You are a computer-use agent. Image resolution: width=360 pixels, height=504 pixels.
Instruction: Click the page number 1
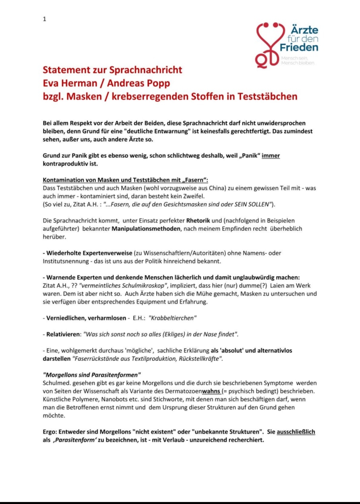(x=45, y=19)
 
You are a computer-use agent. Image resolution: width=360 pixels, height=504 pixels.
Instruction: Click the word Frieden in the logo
(x=299, y=47)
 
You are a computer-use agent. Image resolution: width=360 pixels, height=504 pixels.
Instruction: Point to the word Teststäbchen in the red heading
(x=267, y=97)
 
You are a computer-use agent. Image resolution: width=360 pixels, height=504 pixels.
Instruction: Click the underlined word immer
(x=271, y=156)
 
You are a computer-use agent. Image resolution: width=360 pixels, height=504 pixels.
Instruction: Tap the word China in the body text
(x=217, y=188)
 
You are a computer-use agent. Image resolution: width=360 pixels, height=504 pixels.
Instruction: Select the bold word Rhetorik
(x=198, y=221)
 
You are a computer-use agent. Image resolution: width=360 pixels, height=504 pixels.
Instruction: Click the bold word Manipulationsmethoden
(x=146, y=229)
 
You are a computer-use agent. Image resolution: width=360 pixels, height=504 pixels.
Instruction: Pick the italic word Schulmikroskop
(x=143, y=286)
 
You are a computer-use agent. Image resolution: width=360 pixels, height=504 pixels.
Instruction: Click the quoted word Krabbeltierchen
(x=173, y=318)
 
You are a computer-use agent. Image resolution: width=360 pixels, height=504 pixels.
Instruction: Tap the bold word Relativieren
(x=63, y=334)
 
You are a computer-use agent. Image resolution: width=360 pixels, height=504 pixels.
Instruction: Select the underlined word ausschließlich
(x=296, y=432)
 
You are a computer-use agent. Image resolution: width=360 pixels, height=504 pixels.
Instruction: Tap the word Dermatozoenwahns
(x=193, y=391)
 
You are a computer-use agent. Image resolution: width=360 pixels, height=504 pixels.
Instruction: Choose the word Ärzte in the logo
(x=305, y=30)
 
